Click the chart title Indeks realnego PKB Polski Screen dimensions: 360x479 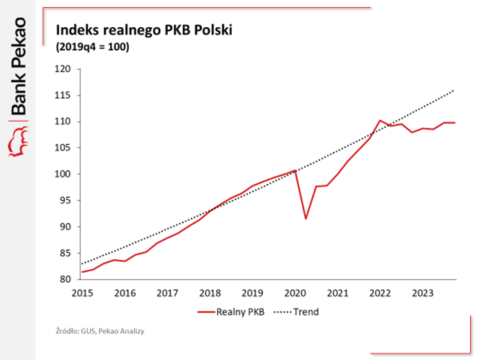click(x=143, y=31)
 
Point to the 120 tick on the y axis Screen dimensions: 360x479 click(x=63, y=69)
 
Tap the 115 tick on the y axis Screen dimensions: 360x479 click(x=63, y=95)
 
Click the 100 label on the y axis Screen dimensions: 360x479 click(x=63, y=174)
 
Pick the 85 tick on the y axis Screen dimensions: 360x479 click(x=65, y=253)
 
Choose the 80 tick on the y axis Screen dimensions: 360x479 click(x=65, y=279)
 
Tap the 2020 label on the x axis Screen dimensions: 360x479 click(x=295, y=292)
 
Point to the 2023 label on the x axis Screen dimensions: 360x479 click(x=423, y=292)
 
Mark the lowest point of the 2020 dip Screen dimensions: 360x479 click(x=306, y=219)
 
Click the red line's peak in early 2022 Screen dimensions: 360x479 click(x=380, y=120)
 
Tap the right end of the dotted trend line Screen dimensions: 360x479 click(x=455, y=90)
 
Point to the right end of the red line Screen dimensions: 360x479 click(x=455, y=123)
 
